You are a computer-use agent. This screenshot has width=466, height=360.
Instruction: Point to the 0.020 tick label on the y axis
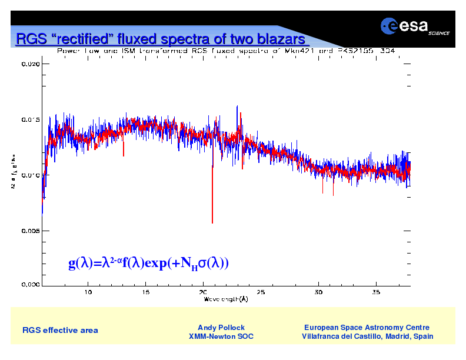pyautogui.click(x=31, y=64)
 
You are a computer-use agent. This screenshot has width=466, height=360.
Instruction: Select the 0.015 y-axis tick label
pyautogui.click(x=31, y=119)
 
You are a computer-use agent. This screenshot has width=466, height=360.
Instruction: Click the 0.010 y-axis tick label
pyautogui.click(x=31, y=175)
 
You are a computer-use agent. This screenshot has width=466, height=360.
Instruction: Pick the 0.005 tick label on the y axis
pyautogui.click(x=31, y=231)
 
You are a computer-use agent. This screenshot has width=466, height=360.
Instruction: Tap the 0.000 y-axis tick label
pyautogui.click(x=31, y=285)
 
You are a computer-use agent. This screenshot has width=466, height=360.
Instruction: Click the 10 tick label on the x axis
pyautogui.click(x=88, y=292)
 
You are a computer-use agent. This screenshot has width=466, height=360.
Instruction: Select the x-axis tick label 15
pyautogui.click(x=145, y=292)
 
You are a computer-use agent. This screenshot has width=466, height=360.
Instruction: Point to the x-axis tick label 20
pyautogui.click(x=203, y=292)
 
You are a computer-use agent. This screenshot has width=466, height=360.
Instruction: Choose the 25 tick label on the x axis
pyautogui.click(x=261, y=292)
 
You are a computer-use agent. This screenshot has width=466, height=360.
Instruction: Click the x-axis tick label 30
pyautogui.click(x=318, y=292)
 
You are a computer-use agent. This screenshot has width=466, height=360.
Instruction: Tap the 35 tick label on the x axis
pyautogui.click(x=375, y=292)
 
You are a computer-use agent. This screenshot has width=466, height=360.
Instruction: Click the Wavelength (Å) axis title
pyautogui.click(x=226, y=299)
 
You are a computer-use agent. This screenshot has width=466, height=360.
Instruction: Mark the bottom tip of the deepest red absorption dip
pyautogui.click(x=212, y=223)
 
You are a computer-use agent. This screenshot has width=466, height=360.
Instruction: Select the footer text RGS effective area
pyautogui.click(x=60, y=330)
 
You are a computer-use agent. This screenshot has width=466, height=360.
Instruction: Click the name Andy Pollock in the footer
pyautogui.click(x=221, y=328)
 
